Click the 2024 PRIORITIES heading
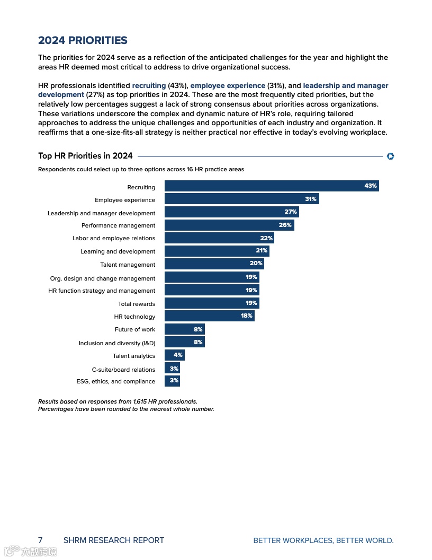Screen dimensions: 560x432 pos(83,40)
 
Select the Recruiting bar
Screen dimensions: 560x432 pos(272,186)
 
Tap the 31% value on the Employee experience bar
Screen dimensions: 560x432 pos(311,199)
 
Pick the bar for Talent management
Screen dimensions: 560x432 pos(214,264)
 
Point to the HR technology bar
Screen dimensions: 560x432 pos(209,316)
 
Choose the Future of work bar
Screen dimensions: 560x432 pos(184,329)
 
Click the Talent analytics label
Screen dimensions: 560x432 pos(134,356)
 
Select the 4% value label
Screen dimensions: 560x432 pos(178,355)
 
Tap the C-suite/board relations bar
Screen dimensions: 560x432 pos(172,369)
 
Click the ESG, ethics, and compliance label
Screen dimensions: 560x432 pos(116,381)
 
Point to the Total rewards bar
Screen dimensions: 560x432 pos(212,303)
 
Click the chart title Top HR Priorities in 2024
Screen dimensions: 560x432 pos(85,156)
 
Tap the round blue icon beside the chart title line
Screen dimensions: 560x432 pos(391,156)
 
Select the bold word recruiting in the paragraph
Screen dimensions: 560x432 pos(149,85)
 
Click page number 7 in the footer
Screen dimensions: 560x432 pos(40,540)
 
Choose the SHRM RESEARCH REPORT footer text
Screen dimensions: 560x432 pos(114,540)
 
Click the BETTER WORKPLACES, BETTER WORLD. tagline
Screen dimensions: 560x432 pos(323,541)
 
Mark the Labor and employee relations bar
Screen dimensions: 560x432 pos(219,238)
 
